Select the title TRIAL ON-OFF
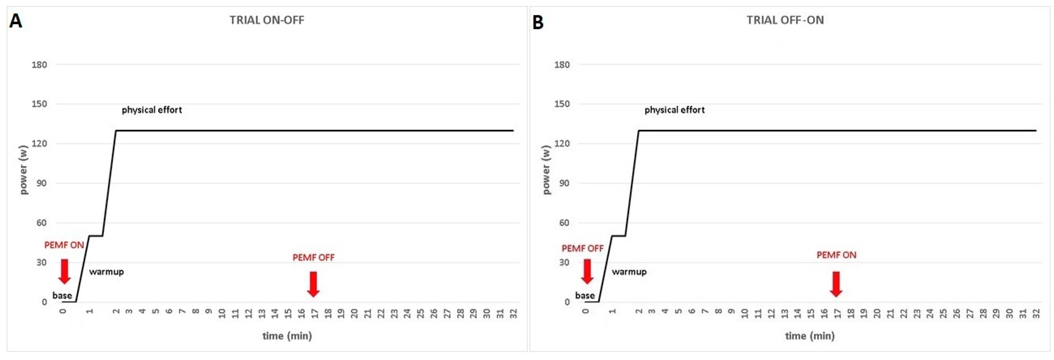point(267,20)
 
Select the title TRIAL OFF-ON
point(785,20)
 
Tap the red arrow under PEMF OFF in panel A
point(313,284)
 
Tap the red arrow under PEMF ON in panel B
point(836,284)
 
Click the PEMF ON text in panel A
point(64,245)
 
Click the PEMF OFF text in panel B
point(582,248)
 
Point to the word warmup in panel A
point(106,272)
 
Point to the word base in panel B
point(585,295)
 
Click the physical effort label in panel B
point(674,110)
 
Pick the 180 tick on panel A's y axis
point(39,65)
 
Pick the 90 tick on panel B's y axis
point(564,183)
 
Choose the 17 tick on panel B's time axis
point(837,314)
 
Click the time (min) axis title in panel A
point(287,336)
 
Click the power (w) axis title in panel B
point(546,169)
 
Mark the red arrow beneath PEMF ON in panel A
point(64,271)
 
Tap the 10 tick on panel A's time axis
point(222,314)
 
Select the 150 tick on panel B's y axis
point(562,104)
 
